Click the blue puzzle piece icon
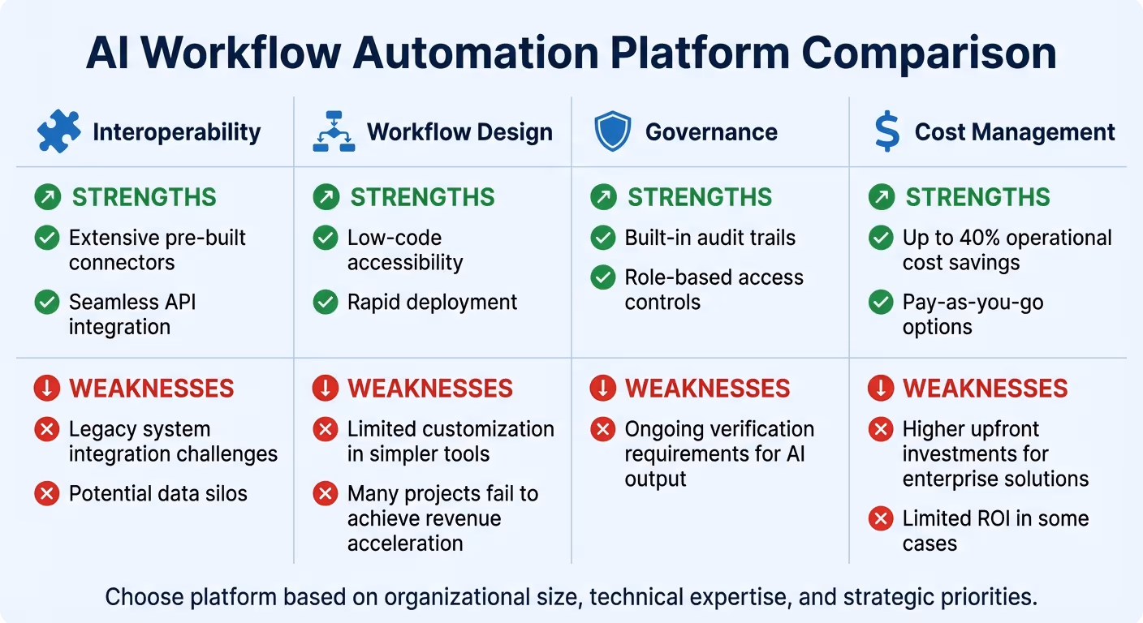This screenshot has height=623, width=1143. [58, 132]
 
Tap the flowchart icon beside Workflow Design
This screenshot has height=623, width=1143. [334, 132]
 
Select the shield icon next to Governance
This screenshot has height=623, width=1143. [612, 132]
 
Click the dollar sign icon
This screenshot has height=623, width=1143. [886, 132]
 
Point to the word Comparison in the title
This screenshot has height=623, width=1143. [929, 54]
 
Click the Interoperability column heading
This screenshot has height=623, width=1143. [176, 132]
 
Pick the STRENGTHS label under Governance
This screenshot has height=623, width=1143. [700, 197]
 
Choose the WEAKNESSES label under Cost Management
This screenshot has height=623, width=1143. [985, 389]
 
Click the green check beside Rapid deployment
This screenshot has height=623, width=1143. [326, 303]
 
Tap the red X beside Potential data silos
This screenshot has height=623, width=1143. [47, 493]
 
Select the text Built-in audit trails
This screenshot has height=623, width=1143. [710, 238]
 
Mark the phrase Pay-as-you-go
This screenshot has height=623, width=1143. [973, 303]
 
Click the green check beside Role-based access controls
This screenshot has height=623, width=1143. [603, 277]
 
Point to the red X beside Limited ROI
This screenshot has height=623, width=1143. [881, 518]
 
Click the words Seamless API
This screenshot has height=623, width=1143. [132, 303]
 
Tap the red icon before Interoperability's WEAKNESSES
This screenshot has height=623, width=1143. [47, 389]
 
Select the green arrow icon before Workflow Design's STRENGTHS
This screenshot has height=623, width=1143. [326, 197]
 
